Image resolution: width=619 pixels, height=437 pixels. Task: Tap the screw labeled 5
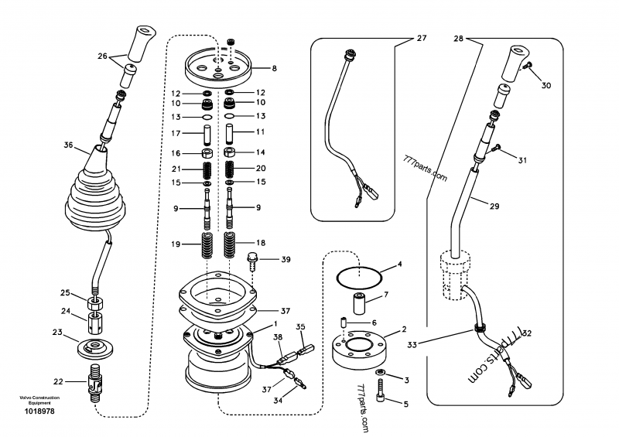pos(379,401)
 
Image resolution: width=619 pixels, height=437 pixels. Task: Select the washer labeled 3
pos(380,376)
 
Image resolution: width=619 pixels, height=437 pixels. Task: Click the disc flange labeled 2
pos(364,349)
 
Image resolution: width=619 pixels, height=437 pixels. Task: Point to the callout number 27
pos(422,37)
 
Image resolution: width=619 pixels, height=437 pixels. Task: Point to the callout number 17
pos(176,132)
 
